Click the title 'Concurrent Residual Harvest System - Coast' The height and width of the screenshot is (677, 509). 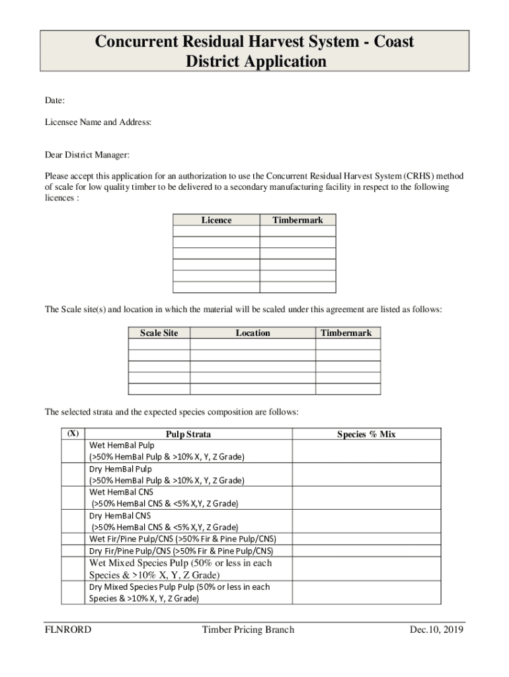tap(255, 42)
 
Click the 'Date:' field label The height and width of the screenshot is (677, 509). tap(54, 100)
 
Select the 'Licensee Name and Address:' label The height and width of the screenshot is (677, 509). tap(98, 122)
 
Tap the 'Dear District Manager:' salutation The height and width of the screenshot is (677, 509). tap(87, 155)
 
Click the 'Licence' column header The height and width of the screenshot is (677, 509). tap(216, 220)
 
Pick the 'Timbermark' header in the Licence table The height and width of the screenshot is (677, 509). tap(297, 220)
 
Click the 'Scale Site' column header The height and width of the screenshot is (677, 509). tap(159, 333)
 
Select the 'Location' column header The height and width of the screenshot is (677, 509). tap(253, 333)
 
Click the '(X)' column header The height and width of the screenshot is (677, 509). tap(73, 434)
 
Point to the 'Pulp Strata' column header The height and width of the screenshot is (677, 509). tap(188, 434)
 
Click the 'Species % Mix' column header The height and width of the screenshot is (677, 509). tap(366, 434)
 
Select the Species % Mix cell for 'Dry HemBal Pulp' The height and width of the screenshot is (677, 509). tap(366, 475)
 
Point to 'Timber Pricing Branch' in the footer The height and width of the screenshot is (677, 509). tap(248, 629)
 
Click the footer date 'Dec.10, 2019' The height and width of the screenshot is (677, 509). tap(436, 629)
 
